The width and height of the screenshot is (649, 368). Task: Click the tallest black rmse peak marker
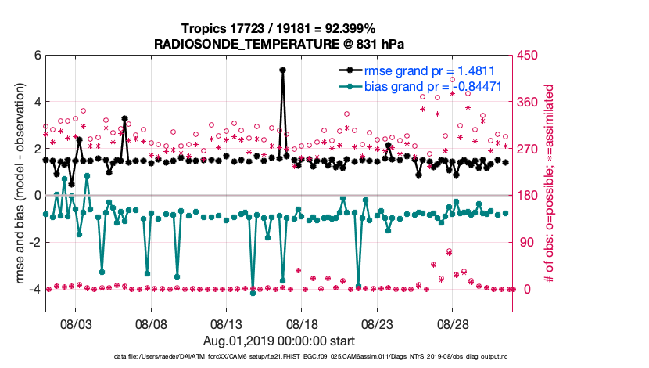(x=282, y=70)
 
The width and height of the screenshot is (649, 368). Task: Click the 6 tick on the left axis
(x=37, y=56)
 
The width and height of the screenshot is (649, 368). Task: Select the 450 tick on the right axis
(x=531, y=56)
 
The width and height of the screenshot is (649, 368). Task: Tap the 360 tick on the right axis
(x=531, y=102)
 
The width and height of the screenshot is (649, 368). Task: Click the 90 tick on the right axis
(x=528, y=243)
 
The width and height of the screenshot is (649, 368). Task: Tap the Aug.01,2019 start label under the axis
(x=279, y=341)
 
